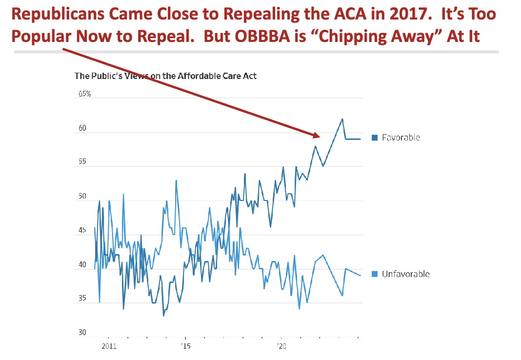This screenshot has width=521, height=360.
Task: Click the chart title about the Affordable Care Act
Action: pos(165,76)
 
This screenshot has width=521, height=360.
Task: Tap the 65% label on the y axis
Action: pos(84,94)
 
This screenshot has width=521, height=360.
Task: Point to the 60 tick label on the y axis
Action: pos(82,129)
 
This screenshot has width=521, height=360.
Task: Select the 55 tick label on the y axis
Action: pos(82,162)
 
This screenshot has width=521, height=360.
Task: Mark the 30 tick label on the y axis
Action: pos(82,333)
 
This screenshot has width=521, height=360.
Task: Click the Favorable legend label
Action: pos(401,138)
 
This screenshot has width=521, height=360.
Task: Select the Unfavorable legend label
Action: pos(405,274)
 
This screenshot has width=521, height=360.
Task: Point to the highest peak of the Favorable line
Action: pos(342,119)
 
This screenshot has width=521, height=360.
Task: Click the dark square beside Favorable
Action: pos(375,138)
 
